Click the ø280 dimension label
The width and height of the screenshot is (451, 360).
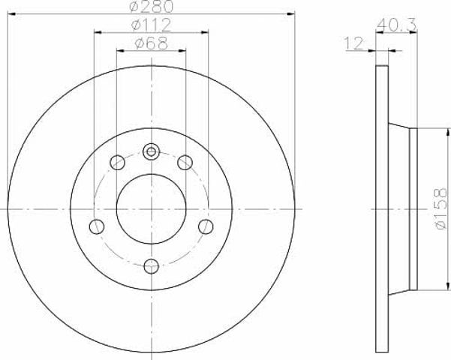(x=152, y=6)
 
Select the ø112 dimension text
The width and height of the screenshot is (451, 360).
(x=152, y=25)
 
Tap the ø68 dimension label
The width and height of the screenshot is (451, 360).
(x=152, y=43)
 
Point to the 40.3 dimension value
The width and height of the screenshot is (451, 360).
(x=396, y=25)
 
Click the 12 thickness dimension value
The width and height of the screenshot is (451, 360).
(x=354, y=43)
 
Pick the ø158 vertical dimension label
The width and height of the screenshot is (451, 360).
(x=441, y=208)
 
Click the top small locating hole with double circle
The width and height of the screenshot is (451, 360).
(x=152, y=151)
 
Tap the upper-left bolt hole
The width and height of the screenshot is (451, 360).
(x=117, y=162)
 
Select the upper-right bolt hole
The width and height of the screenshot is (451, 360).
(x=185, y=162)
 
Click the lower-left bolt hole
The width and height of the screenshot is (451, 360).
(x=97, y=226)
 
